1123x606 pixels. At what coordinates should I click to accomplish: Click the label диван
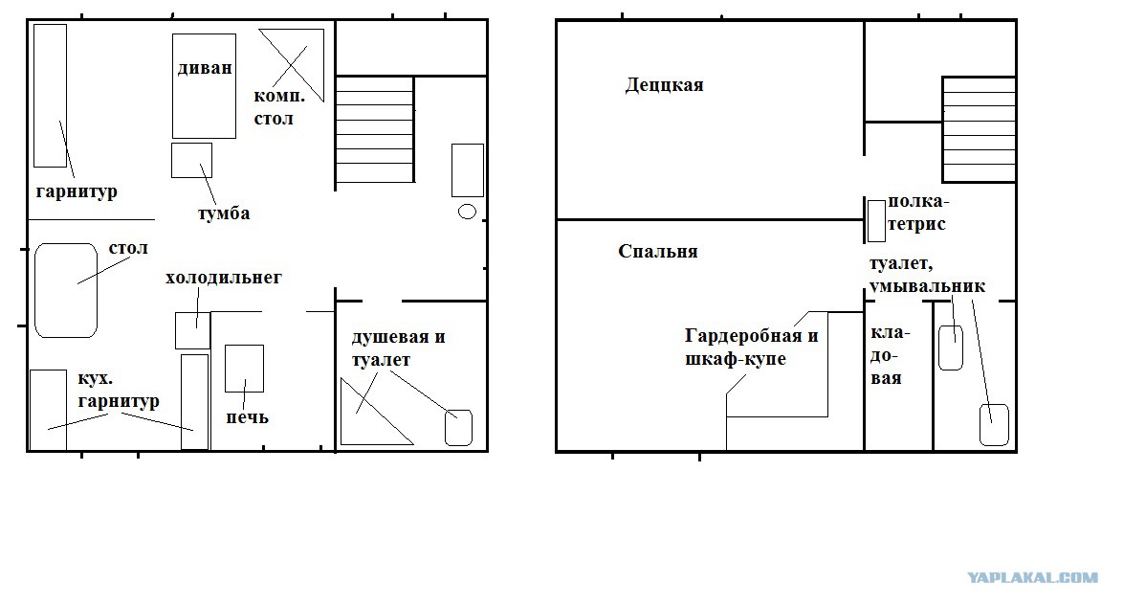[205, 68]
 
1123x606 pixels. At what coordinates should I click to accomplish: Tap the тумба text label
[224, 213]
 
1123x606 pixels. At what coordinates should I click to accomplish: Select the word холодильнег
[224, 277]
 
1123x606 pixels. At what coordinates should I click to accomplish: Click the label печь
[247, 416]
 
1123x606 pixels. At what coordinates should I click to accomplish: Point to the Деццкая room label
[665, 85]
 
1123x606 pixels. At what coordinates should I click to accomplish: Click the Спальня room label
[657, 251]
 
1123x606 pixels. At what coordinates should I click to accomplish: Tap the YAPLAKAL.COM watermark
[1033, 577]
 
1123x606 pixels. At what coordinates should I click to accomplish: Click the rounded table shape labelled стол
[66, 290]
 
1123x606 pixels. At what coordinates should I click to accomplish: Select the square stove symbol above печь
[244, 369]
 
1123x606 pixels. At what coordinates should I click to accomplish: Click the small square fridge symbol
[192, 330]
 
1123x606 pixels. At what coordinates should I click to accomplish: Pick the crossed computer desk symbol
[292, 65]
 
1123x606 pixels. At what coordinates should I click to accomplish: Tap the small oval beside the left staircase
[467, 212]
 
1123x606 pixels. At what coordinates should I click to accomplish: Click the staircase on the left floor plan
[375, 130]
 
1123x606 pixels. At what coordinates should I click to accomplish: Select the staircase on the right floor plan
[980, 130]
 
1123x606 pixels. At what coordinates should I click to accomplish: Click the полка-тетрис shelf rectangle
[876, 221]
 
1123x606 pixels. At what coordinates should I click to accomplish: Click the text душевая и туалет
[398, 348]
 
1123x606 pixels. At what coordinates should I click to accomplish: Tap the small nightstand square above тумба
[192, 161]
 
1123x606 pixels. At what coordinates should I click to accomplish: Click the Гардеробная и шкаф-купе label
[751, 348]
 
